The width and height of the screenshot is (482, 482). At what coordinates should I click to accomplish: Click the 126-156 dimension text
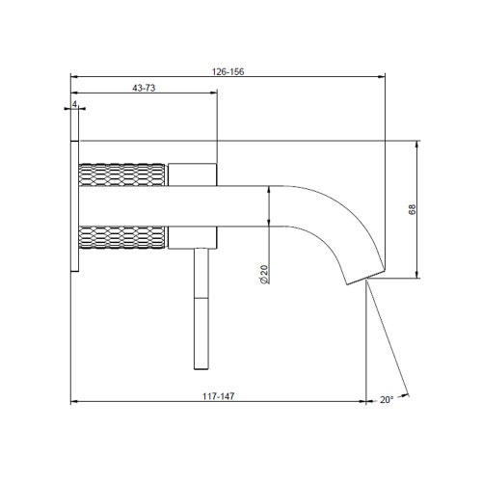(228, 68)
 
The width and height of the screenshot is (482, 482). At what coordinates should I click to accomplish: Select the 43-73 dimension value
(144, 88)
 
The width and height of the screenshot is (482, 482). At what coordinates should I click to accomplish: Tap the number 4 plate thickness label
(73, 104)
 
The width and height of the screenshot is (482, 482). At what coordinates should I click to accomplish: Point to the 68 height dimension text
(412, 210)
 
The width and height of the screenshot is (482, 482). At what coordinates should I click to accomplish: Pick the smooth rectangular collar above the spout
(193, 174)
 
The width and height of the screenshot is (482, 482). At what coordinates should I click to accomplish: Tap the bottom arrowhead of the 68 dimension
(417, 277)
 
